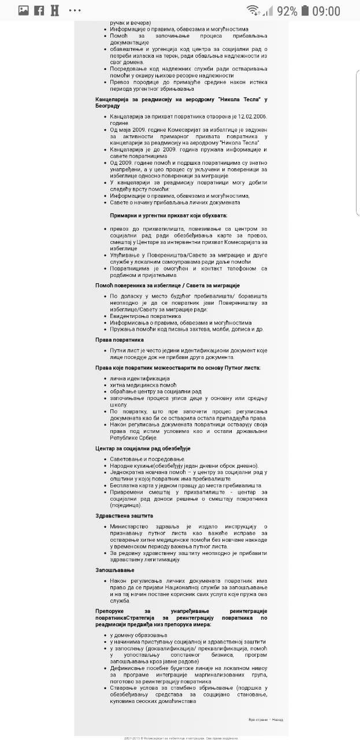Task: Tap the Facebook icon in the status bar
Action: click(x=39, y=10)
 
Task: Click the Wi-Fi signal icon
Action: click(x=252, y=10)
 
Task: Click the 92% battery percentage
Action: click(x=287, y=10)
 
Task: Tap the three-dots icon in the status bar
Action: click(x=75, y=10)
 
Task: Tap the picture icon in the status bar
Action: click(x=24, y=10)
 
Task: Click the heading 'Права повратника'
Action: click(x=120, y=340)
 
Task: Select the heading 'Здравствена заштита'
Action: click(x=124, y=516)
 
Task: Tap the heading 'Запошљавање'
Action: click(x=115, y=570)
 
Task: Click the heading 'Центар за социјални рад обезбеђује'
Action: click(x=143, y=449)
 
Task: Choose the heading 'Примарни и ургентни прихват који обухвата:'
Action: click(x=171, y=215)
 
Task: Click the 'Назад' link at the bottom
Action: click(x=278, y=719)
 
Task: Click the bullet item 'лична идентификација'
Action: click(x=140, y=378)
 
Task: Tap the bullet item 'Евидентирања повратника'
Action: click(x=146, y=316)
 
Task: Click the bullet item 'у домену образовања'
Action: click(x=138, y=635)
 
